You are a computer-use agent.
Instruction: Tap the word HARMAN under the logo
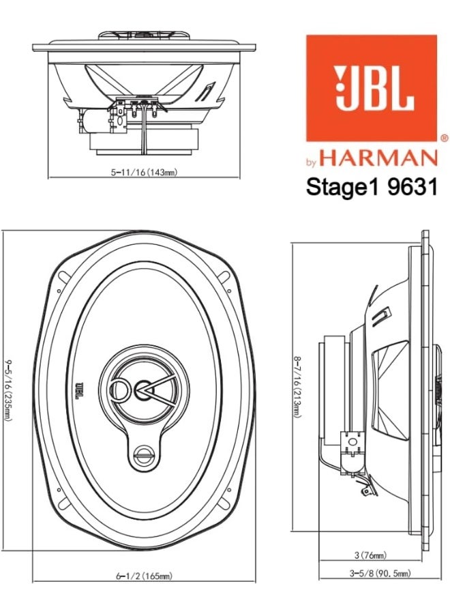378,159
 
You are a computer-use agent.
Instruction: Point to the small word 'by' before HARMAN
310,162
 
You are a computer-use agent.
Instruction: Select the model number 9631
411,188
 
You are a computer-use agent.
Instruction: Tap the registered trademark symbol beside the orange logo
444,138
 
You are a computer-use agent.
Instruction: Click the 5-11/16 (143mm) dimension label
145,173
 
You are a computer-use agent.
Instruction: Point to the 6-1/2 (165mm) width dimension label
143,576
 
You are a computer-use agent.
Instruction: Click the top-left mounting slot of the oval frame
60,289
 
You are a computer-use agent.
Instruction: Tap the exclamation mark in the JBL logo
341,89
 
